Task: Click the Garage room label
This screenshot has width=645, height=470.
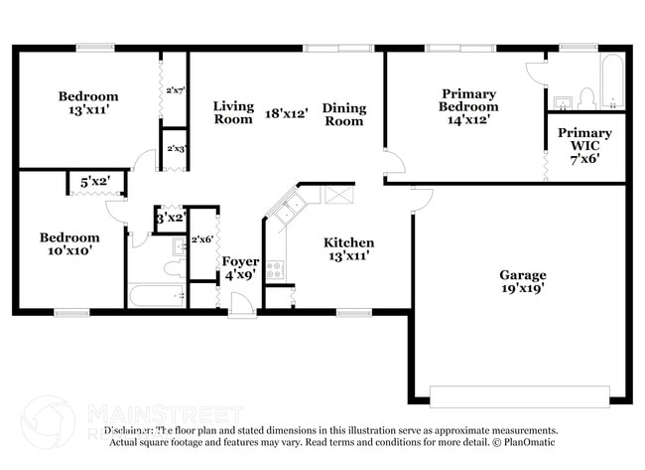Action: pyautogui.click(x=522, y=281)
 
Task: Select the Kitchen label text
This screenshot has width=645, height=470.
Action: pyautogui.click(x=349, y=248)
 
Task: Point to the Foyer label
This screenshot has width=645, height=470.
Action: pyautogui.click(x=240, y=268)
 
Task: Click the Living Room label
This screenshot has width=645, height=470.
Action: pyautogui.click(x=233, y=112)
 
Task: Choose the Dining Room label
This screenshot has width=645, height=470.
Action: pyautogui.click(x=344, y=114)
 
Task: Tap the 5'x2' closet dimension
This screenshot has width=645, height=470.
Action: pyautogui.click(x=95, y=182)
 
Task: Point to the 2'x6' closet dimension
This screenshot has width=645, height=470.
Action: pyautogui.click(x=202, y=239)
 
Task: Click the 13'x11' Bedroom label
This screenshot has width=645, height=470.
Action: pyautogui.click(x=88, y=103)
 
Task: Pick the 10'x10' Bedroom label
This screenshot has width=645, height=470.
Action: pyautogui.click(x=69, y=244)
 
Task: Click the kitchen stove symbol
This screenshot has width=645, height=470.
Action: pyautogui.click(x=275, y=268)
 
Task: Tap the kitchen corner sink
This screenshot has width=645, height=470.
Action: pyautogui.click(x=290, y=208)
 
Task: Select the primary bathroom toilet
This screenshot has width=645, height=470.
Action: pyautogui.click(x=586, y=97)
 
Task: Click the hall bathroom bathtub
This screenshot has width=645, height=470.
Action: pyautogui.click(x=157, y=295)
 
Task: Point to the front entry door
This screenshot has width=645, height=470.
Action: pyautogui.click(x=242, y=311)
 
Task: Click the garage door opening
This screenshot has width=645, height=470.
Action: pyautogui.click(x=520, y=395)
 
